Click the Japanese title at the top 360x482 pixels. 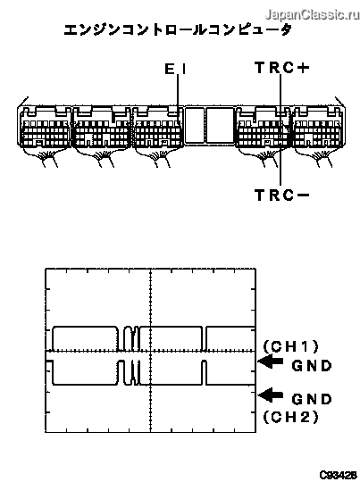178,29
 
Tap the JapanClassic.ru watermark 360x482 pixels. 312,14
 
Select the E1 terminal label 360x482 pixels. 175,69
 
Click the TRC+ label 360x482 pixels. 282,68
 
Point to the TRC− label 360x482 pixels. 282,195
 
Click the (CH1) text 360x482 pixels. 290,346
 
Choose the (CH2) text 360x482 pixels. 290,417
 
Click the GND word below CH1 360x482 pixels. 312,366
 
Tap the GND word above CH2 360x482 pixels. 312,399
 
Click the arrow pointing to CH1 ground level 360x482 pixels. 271,361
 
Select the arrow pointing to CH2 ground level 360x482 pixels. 271,395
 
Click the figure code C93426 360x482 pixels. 338,475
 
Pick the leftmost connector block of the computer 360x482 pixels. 46,127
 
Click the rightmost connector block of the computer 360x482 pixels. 318,127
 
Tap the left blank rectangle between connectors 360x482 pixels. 195,125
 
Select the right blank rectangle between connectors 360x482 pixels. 220,125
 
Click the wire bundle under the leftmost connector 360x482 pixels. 46,156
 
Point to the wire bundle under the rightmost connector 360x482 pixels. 320,156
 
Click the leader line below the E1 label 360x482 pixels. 178,98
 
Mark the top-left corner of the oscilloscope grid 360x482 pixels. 46,269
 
